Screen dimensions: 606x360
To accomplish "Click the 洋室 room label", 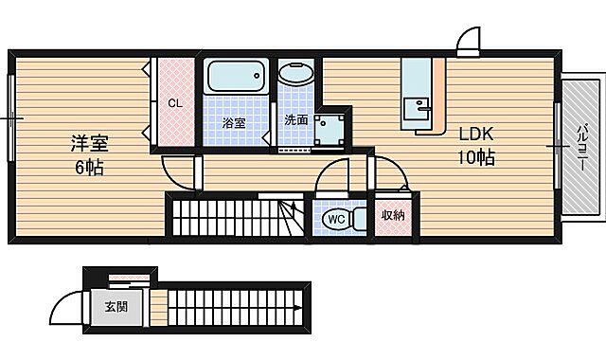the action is coord(89,143).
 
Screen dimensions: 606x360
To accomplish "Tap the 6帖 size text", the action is coord(89,168).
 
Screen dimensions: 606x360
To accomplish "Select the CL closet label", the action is coord(175,103).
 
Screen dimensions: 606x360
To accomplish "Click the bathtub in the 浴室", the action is coord(236,76).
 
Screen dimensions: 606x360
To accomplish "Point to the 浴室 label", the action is coord(234,123).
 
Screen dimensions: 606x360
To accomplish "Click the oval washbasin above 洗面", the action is coord(296,74).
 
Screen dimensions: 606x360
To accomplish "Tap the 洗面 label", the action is coord(296,120).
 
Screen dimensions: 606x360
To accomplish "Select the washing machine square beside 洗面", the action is coord(329,130).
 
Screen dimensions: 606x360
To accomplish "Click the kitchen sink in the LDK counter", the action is coord(417,109).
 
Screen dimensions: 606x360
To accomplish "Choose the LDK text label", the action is coord(476,134).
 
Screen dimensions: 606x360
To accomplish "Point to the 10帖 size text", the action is coord(476,157).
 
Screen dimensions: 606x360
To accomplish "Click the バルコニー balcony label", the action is coord(580,148).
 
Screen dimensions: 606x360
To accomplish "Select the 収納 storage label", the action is coord(393,215).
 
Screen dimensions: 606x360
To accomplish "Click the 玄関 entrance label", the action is coord(116,307).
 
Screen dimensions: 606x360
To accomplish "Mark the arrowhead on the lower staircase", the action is coord(298,308).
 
